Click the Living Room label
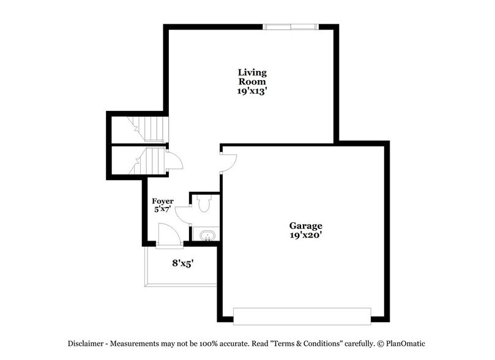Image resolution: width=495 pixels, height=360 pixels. (252, 77)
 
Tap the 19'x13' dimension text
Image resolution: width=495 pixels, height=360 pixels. (252, 91)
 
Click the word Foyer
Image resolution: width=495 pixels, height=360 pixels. (163, 201)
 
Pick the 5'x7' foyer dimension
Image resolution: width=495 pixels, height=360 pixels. (163, 209)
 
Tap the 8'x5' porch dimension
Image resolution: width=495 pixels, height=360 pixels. (183, 264)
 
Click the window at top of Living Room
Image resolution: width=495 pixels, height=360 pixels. (290, 26)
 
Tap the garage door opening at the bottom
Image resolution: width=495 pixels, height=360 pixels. (302, 315)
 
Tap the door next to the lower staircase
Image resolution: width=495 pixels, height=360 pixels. (174, 160)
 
